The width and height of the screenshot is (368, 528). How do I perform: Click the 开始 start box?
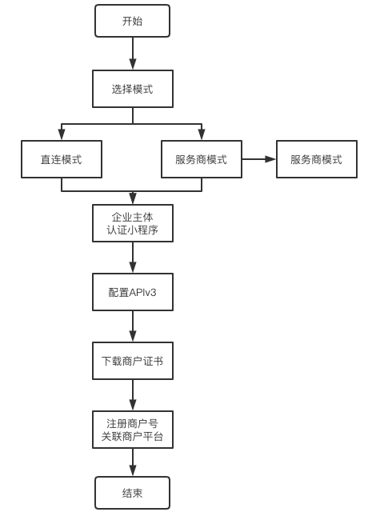[132, 21]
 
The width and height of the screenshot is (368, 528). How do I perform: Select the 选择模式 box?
[132, 89]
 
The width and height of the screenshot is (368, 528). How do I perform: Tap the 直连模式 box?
[62, 159]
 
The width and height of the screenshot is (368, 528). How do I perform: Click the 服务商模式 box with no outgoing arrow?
[316, 159]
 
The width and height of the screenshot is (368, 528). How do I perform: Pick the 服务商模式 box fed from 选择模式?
[201, 159]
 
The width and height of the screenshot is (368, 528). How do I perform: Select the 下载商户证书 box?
[132, 361]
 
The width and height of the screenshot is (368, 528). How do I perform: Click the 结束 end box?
[132, 493]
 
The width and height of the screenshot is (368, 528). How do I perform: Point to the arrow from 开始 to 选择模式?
[133, 54]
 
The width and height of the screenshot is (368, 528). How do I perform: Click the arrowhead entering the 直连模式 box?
[62, 135]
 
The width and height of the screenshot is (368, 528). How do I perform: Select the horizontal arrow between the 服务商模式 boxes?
[258, 159]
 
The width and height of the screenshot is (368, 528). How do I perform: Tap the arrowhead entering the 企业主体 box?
[133, 198]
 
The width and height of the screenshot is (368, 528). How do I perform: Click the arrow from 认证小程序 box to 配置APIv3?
[133, 258]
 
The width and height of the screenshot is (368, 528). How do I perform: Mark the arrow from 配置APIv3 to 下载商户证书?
[133, 326]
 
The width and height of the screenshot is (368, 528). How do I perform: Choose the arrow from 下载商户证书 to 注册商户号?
[133, 395]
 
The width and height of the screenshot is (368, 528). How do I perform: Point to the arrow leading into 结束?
[133, 462]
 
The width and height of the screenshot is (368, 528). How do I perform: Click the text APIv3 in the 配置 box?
[143, 293]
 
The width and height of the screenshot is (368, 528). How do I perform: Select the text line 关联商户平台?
[132, 437]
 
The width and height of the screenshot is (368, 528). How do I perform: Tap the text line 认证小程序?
[132, 230]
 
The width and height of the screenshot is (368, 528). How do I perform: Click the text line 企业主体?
[132, 217]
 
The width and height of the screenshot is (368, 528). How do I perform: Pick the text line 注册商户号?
[132, 423]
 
